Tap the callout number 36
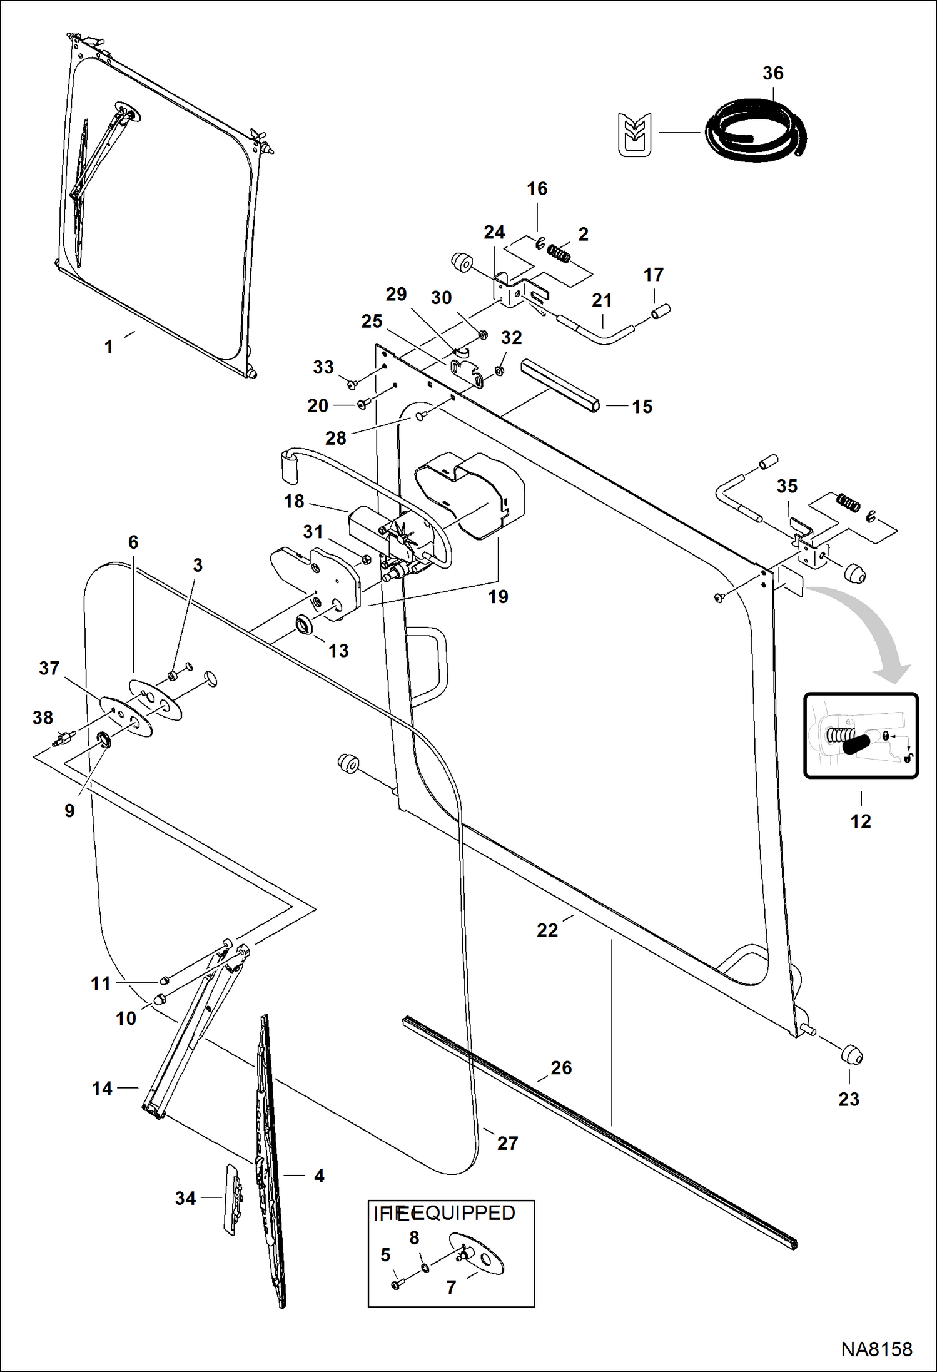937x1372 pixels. point(772,73)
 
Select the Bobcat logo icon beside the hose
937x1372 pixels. point(634,134)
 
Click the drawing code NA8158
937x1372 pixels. point(876,1349)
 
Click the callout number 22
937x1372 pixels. point(547,930)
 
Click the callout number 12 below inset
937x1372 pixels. point(861,821)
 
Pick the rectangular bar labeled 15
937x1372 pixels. point(560,383)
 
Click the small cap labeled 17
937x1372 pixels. point(661,310)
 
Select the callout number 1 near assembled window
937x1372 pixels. point(109,346)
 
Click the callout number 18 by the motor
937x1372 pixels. point(294,501)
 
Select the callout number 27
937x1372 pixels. point(507,1143)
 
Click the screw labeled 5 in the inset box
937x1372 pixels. point(397,1284)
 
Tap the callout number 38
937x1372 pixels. point(43,718)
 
